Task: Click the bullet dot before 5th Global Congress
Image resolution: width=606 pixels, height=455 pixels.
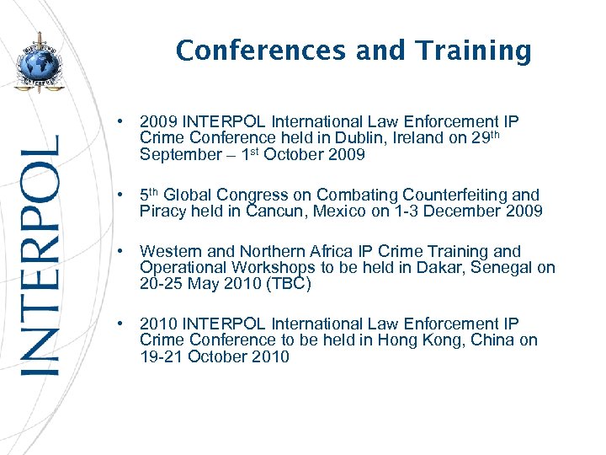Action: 122,195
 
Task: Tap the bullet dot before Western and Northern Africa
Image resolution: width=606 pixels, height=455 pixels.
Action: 122,251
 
